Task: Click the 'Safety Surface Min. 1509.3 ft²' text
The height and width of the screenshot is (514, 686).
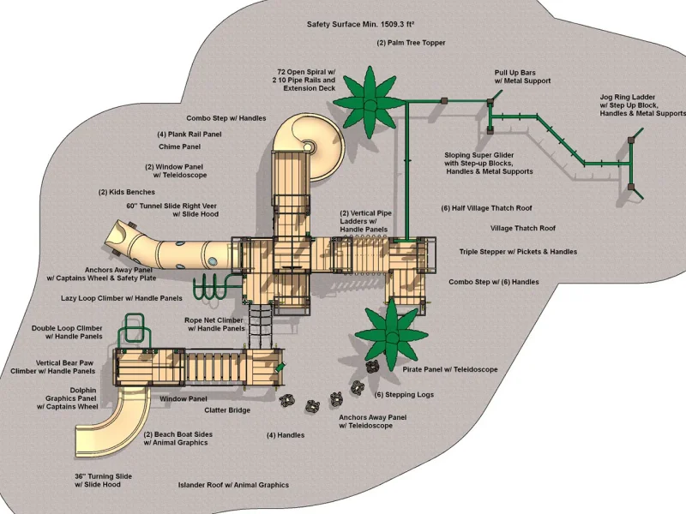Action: pos(360,25)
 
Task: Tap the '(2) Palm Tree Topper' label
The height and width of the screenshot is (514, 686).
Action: pos(411,43)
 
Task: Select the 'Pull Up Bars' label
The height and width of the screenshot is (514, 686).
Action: pos(515,73)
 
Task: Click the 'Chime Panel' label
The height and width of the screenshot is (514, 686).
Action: pos(179,146)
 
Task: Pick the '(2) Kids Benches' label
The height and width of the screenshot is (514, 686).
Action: pos(126,192)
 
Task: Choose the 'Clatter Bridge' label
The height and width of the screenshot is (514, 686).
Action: pos(227,410)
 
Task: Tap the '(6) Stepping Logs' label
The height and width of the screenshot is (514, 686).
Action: pos(404,395)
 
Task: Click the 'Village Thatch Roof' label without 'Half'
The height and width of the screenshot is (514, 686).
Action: pos(523,228)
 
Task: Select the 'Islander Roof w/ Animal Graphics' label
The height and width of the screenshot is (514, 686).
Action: pos(233,485)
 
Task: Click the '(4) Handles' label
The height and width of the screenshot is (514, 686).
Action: pos(286,435)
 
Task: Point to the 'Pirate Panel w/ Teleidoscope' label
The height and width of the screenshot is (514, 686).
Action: pos(449,370)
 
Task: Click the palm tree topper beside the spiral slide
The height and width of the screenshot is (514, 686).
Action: pos(370,103)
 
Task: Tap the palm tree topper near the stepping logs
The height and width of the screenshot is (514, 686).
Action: pos(391,335)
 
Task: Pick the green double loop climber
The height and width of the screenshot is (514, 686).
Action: pos(135,329)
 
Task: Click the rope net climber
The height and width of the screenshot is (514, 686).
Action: pos(261,326)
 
